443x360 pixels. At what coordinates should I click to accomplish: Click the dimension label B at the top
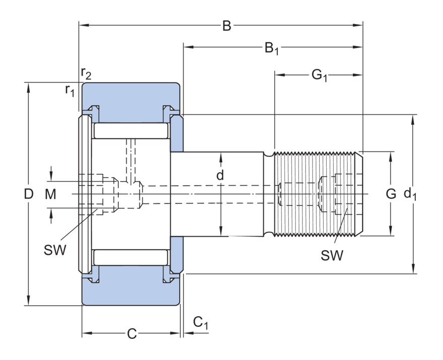point(227,26)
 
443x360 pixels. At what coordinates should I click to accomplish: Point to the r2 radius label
point(86,74)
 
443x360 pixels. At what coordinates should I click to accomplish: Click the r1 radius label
point(69,91)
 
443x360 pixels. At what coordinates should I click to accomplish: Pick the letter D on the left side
point(29,194)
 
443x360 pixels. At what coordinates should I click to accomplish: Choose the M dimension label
point(51,194)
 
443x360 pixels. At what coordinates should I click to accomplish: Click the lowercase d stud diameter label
point(220,176)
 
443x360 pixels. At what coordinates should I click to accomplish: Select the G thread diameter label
point(391,193)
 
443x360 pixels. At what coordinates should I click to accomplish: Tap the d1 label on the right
point(410,194)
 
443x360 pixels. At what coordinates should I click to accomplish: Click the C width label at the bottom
point(131,334)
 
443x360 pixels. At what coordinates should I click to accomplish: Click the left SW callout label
point(55,250)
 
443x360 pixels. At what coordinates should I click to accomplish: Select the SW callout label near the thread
point(332,255)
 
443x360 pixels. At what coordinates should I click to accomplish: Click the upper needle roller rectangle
point(130,131)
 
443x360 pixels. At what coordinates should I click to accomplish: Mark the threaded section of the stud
point(317,194)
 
